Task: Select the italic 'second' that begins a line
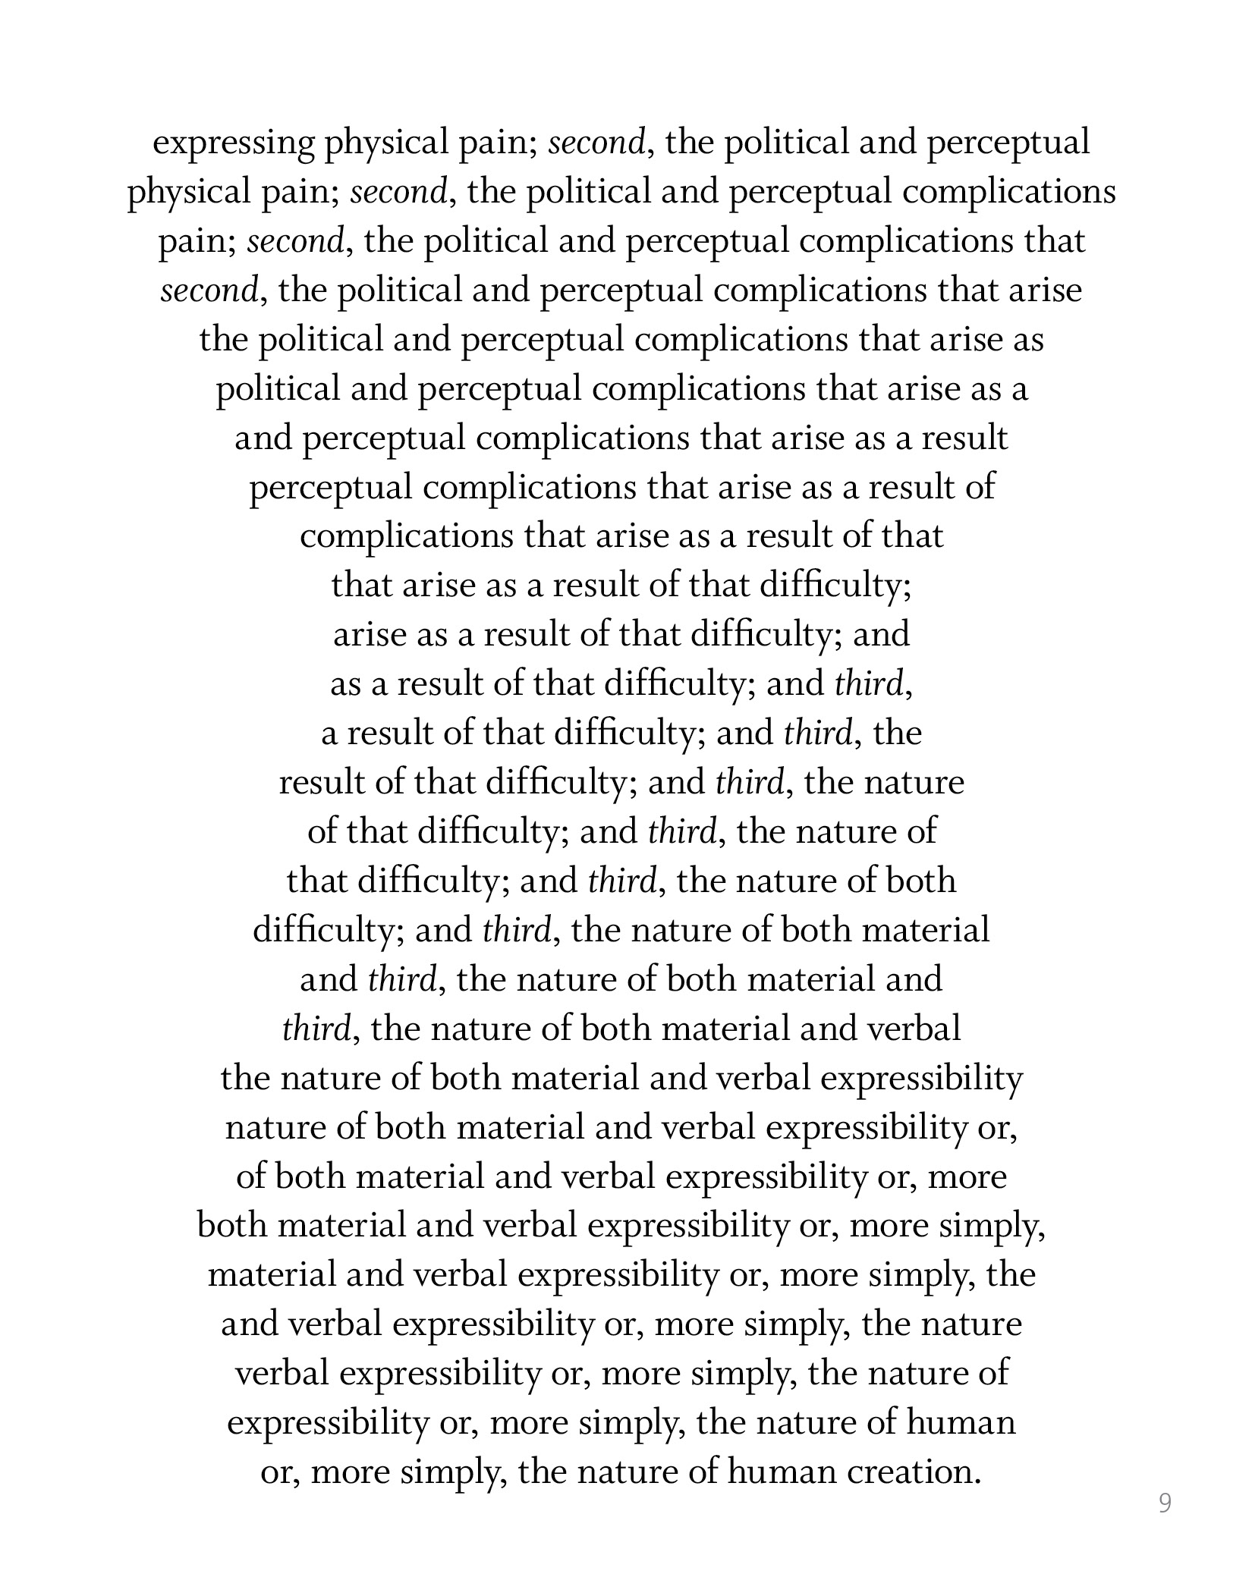(209, 291)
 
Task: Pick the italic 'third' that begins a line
(316, 1029)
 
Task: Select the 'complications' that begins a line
(406, 536)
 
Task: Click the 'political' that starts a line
(277, 389)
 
